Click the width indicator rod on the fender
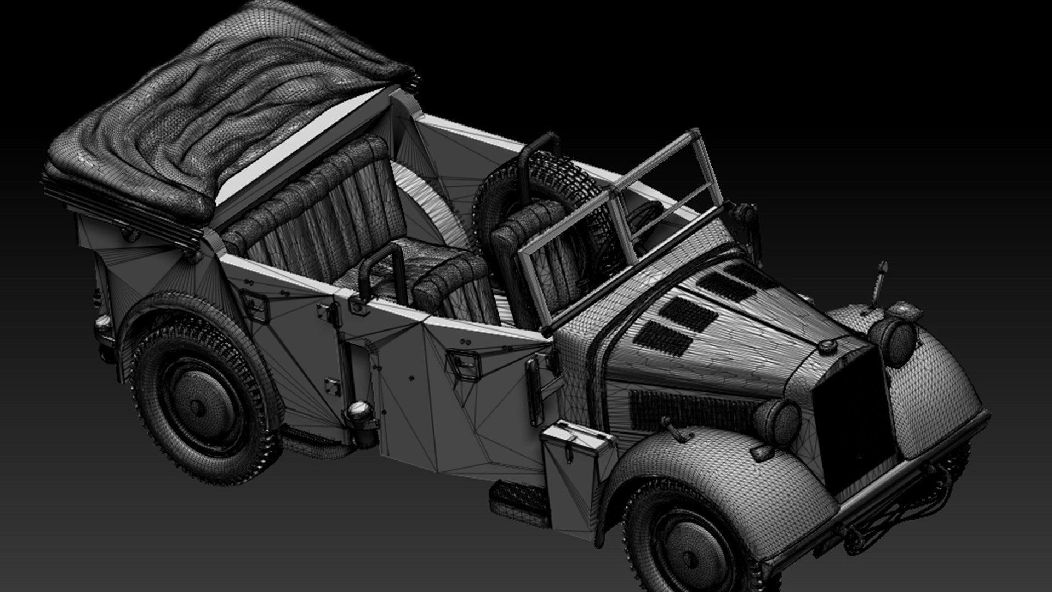click(877, 285)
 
